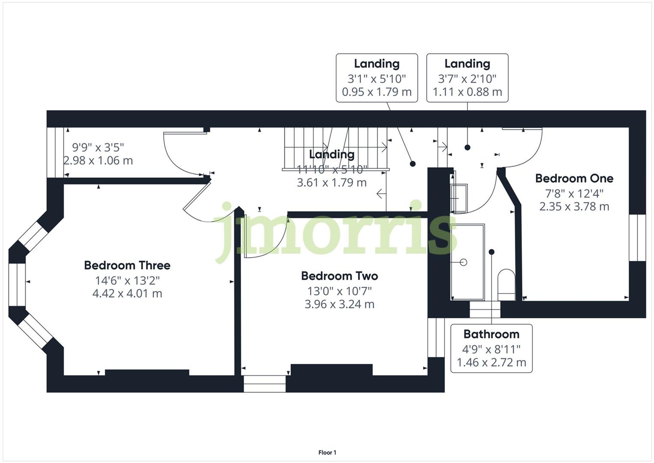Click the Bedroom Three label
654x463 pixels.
[127, 265]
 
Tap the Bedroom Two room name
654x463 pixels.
[339, 276]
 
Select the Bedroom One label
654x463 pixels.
[574, 178]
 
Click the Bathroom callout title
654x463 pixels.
[491, 334]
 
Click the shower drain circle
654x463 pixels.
[463, 262]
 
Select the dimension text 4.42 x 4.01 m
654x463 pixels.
[127, 294]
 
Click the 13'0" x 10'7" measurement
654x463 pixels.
[339, 291]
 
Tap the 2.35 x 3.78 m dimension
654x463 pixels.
[574, 207]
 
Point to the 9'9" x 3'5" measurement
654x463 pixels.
[98, 148]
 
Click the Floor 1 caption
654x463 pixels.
[327, 453]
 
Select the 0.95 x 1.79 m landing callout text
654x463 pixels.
[377, 92]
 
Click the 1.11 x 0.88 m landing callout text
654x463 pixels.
[467, 92]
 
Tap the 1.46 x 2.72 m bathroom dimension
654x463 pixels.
[491, 363]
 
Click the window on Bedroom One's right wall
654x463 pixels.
[637, 238]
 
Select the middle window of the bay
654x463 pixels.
[17, 285]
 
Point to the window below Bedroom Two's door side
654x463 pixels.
[265, 383]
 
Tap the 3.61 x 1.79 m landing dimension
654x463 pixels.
[332, 183]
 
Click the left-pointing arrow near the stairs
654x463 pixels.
[381, 194]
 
